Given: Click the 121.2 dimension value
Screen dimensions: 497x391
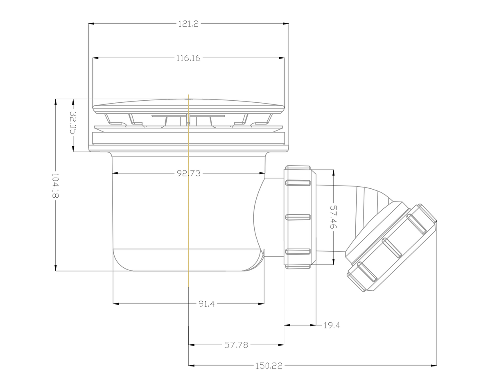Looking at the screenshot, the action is click(188, 24).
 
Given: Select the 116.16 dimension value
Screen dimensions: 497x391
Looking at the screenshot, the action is click(188, 58).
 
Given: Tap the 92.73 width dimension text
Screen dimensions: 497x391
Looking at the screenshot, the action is click(189, 173).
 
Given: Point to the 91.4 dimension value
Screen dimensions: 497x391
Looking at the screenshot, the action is click(206, 304).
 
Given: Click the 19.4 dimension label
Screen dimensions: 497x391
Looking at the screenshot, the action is click(332, 325).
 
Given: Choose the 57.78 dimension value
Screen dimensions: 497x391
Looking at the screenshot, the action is click(236, 345).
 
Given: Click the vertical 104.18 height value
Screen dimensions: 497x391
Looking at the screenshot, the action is click(55, 186).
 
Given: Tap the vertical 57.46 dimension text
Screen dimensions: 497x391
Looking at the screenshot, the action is click(334, 217).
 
